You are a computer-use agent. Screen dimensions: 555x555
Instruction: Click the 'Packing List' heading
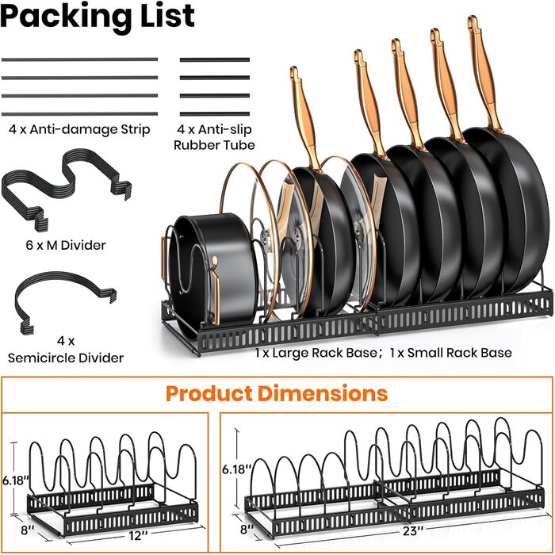tap(98, 16)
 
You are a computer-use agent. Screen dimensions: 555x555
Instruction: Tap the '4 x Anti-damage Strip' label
tap(79, 129)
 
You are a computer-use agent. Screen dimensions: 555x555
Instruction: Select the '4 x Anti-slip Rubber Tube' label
tap(215, 137)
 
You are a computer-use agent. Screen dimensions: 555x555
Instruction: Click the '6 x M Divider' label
tap(66, 245)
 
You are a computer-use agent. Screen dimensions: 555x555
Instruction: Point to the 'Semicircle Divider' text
tap(66, 358)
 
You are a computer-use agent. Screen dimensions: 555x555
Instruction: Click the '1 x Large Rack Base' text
tap(317, 353)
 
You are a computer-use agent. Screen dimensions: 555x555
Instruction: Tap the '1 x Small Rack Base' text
tap(450, 353)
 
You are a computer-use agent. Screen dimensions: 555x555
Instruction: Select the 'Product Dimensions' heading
tap(277, 393)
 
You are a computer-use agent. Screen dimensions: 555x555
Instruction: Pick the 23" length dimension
tap(413, 531)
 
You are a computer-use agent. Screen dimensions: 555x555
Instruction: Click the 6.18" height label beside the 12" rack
tap(16, 480)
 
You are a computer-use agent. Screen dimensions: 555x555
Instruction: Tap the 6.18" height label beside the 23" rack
tap(236, 469)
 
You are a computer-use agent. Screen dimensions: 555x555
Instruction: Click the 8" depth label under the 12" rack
tap(28, 530)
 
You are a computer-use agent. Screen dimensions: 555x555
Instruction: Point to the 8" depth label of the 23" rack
tap(247, 529)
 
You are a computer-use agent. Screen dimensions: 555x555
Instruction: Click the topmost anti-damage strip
tap(79, 59)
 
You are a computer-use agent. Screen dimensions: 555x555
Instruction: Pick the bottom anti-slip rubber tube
tap(215, 114)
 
